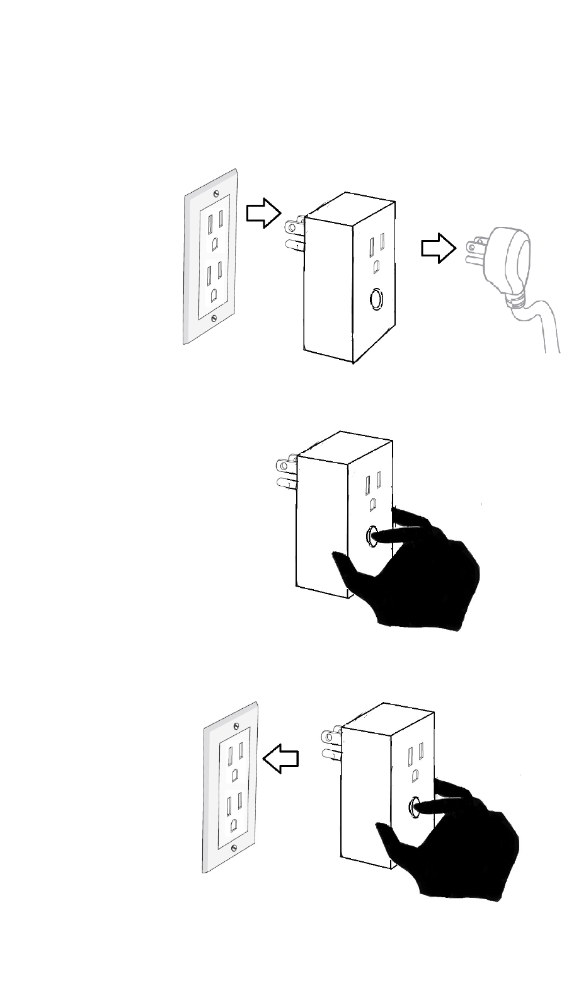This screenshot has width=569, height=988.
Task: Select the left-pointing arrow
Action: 280,757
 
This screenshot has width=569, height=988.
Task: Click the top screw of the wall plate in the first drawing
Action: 217,192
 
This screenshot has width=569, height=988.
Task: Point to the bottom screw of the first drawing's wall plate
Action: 216,319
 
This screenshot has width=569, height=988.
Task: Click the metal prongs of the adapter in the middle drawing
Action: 284,474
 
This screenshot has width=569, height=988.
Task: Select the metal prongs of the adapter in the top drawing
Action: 294,234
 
